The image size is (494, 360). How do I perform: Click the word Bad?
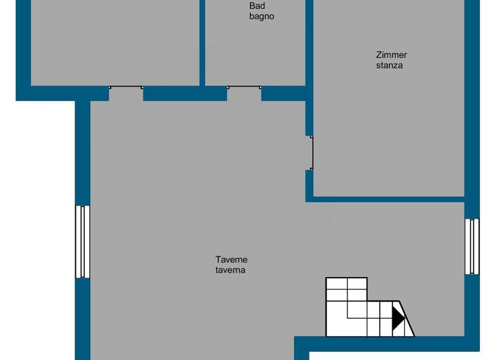click(257, 6)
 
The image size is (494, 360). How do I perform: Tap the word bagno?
click(262, 16)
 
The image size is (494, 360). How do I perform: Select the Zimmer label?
click(391, 55)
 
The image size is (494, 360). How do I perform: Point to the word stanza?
click(390, 65)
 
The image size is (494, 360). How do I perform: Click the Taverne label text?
click(232, 260)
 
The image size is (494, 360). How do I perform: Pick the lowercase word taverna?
click(230, 270)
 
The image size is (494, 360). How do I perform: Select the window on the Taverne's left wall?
click(82, 242)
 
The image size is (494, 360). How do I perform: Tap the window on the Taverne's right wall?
click(472, 246)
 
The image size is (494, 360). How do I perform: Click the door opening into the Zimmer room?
click(310, 153)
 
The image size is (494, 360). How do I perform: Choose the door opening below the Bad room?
click(244, 93)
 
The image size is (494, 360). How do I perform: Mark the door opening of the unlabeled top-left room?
click(125, 93)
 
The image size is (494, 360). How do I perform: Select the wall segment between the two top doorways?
click(185, 94)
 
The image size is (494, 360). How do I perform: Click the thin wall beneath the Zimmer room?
click(386, 199)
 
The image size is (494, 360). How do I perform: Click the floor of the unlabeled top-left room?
click(116, 42)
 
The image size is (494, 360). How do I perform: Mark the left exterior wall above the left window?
click(82, 154)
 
